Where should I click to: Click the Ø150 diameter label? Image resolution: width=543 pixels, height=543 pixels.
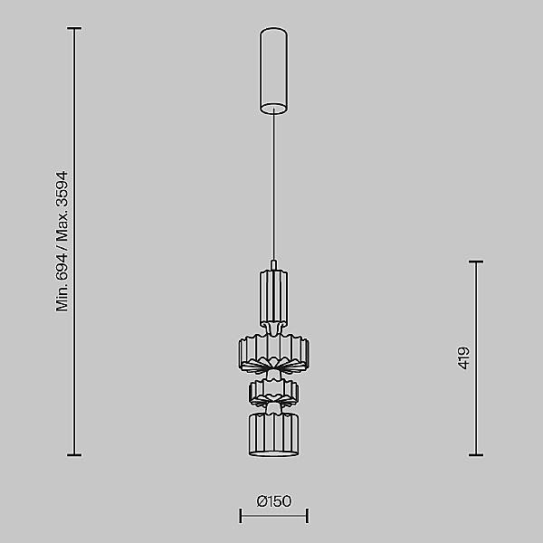(274, 501)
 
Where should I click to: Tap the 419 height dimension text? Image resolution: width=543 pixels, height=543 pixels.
(463, 358)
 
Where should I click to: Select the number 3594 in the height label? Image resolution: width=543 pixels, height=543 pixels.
(62, 190)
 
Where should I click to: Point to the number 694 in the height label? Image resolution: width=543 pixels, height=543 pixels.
(62, 267)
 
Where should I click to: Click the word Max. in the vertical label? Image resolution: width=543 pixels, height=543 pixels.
(62, 227)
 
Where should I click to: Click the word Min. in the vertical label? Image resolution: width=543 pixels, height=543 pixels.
(62, 298)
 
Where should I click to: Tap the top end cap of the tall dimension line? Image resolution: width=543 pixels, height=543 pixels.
(74, 28)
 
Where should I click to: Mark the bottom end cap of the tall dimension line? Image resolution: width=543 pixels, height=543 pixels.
(74, 455)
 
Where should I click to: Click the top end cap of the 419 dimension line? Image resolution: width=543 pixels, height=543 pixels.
(476, 262)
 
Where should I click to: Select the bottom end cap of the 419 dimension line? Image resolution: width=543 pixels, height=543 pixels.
(476, 455)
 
